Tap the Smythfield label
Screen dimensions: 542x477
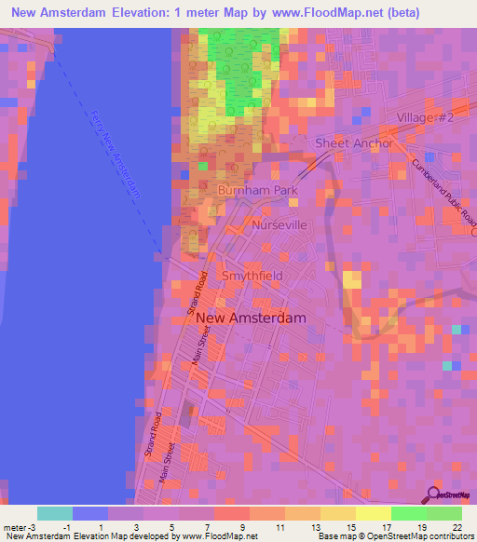252,277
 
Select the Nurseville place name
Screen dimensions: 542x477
279,225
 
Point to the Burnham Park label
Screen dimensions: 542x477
256,190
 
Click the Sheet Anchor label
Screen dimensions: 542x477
354,143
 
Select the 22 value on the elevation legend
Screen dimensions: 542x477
456,527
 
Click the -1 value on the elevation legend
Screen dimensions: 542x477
66,527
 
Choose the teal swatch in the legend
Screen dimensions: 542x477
54,513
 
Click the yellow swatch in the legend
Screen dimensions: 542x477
373,513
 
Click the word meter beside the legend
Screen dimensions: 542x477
16,527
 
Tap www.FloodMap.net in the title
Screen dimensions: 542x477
313,13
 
